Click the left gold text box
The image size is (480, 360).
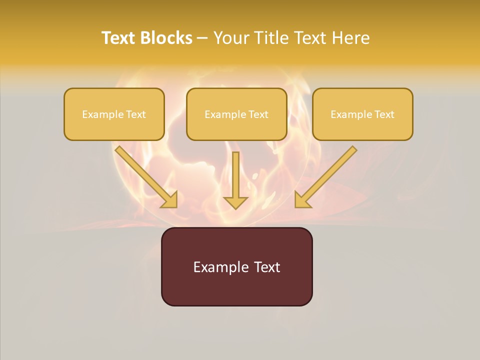pos(114,114)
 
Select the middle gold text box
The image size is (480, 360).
pos(236,114)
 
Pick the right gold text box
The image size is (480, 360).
pos(362,114)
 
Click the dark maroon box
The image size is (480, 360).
pos(236,266)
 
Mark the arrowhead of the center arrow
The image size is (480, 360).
pos(235,202)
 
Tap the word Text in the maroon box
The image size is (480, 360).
pos(267,267)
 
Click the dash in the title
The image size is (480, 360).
pos(202,38)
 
